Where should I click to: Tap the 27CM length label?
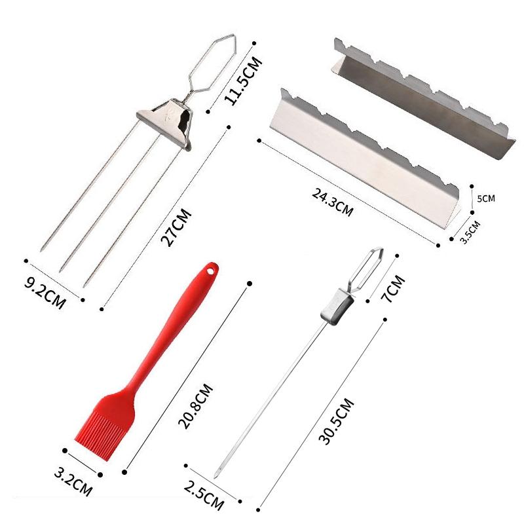tap(176, 227)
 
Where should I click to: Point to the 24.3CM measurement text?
tap(333, 202)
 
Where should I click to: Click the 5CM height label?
tap(486, 198)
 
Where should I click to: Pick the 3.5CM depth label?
tap(470, 232)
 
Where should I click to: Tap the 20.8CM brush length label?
tap(195, 406)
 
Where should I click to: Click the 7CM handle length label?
tap(393, 289)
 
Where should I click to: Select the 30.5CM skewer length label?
tap(336, 421)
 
